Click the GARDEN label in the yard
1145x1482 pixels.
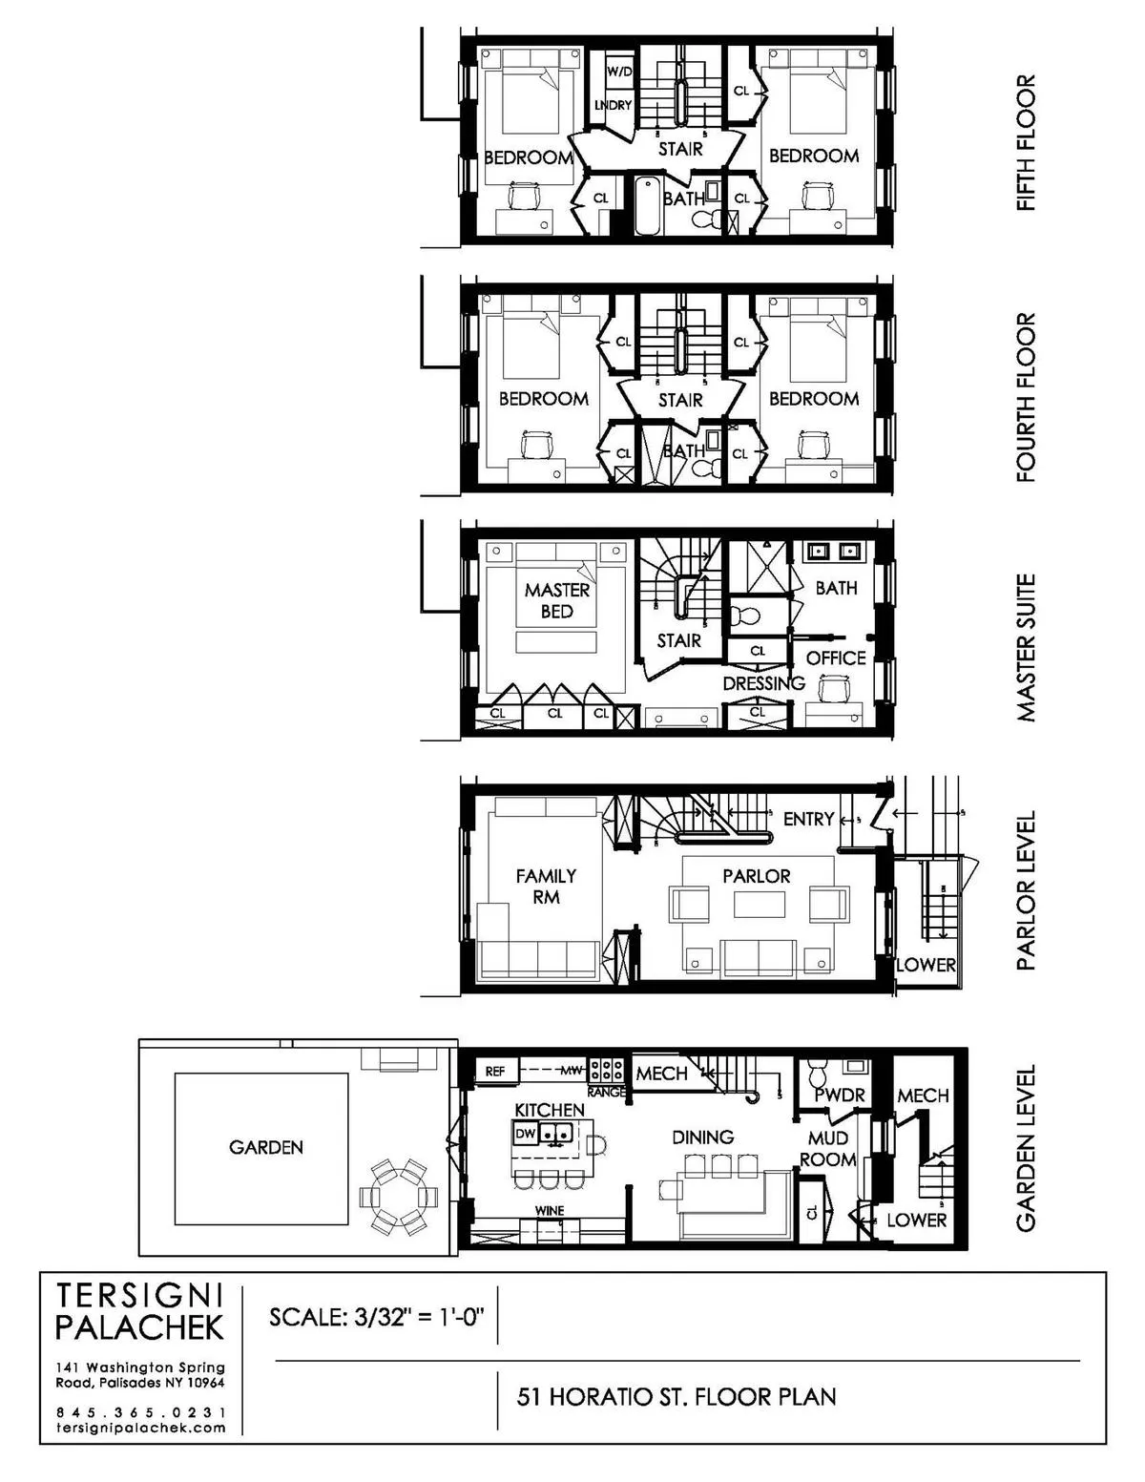pyautogui.click(x=265, y=1148)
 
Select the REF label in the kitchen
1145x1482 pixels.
pyautogui.click(x=494, y=1072)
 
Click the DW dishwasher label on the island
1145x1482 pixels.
pyautogui.click(x=525, y=1134)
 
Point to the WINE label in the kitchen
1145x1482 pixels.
pyautogui.click(x=550, y=1211)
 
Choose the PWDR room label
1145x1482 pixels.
pyautogui.click(x=839, y=1096)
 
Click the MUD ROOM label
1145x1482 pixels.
pyautogui.click(x=827, y=1149)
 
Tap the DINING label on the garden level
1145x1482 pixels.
pyautogui.click(x=702, y=1138)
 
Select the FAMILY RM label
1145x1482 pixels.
pyautogui.click(x=546, y=887)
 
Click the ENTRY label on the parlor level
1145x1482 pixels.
pyautogui.click(x=808, y=819)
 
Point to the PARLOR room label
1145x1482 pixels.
pyautogui.click(x=756, y=876)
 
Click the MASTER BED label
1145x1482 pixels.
pyautogui.click(x=556, y=601)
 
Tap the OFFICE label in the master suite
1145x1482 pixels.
pyautogui.click(x=836, y=658)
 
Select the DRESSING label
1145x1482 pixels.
pyautogui.click(x=763, y=683)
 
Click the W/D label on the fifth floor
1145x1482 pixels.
pyautogui.click(x=619, y=72)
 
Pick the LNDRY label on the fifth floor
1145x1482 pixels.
pyautogui.click(x=613, y=105)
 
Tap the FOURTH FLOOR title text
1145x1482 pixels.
pyautogui.click(x=1026, y=397)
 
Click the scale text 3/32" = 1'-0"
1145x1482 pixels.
pyautogui.click(x=378, y=1317)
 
